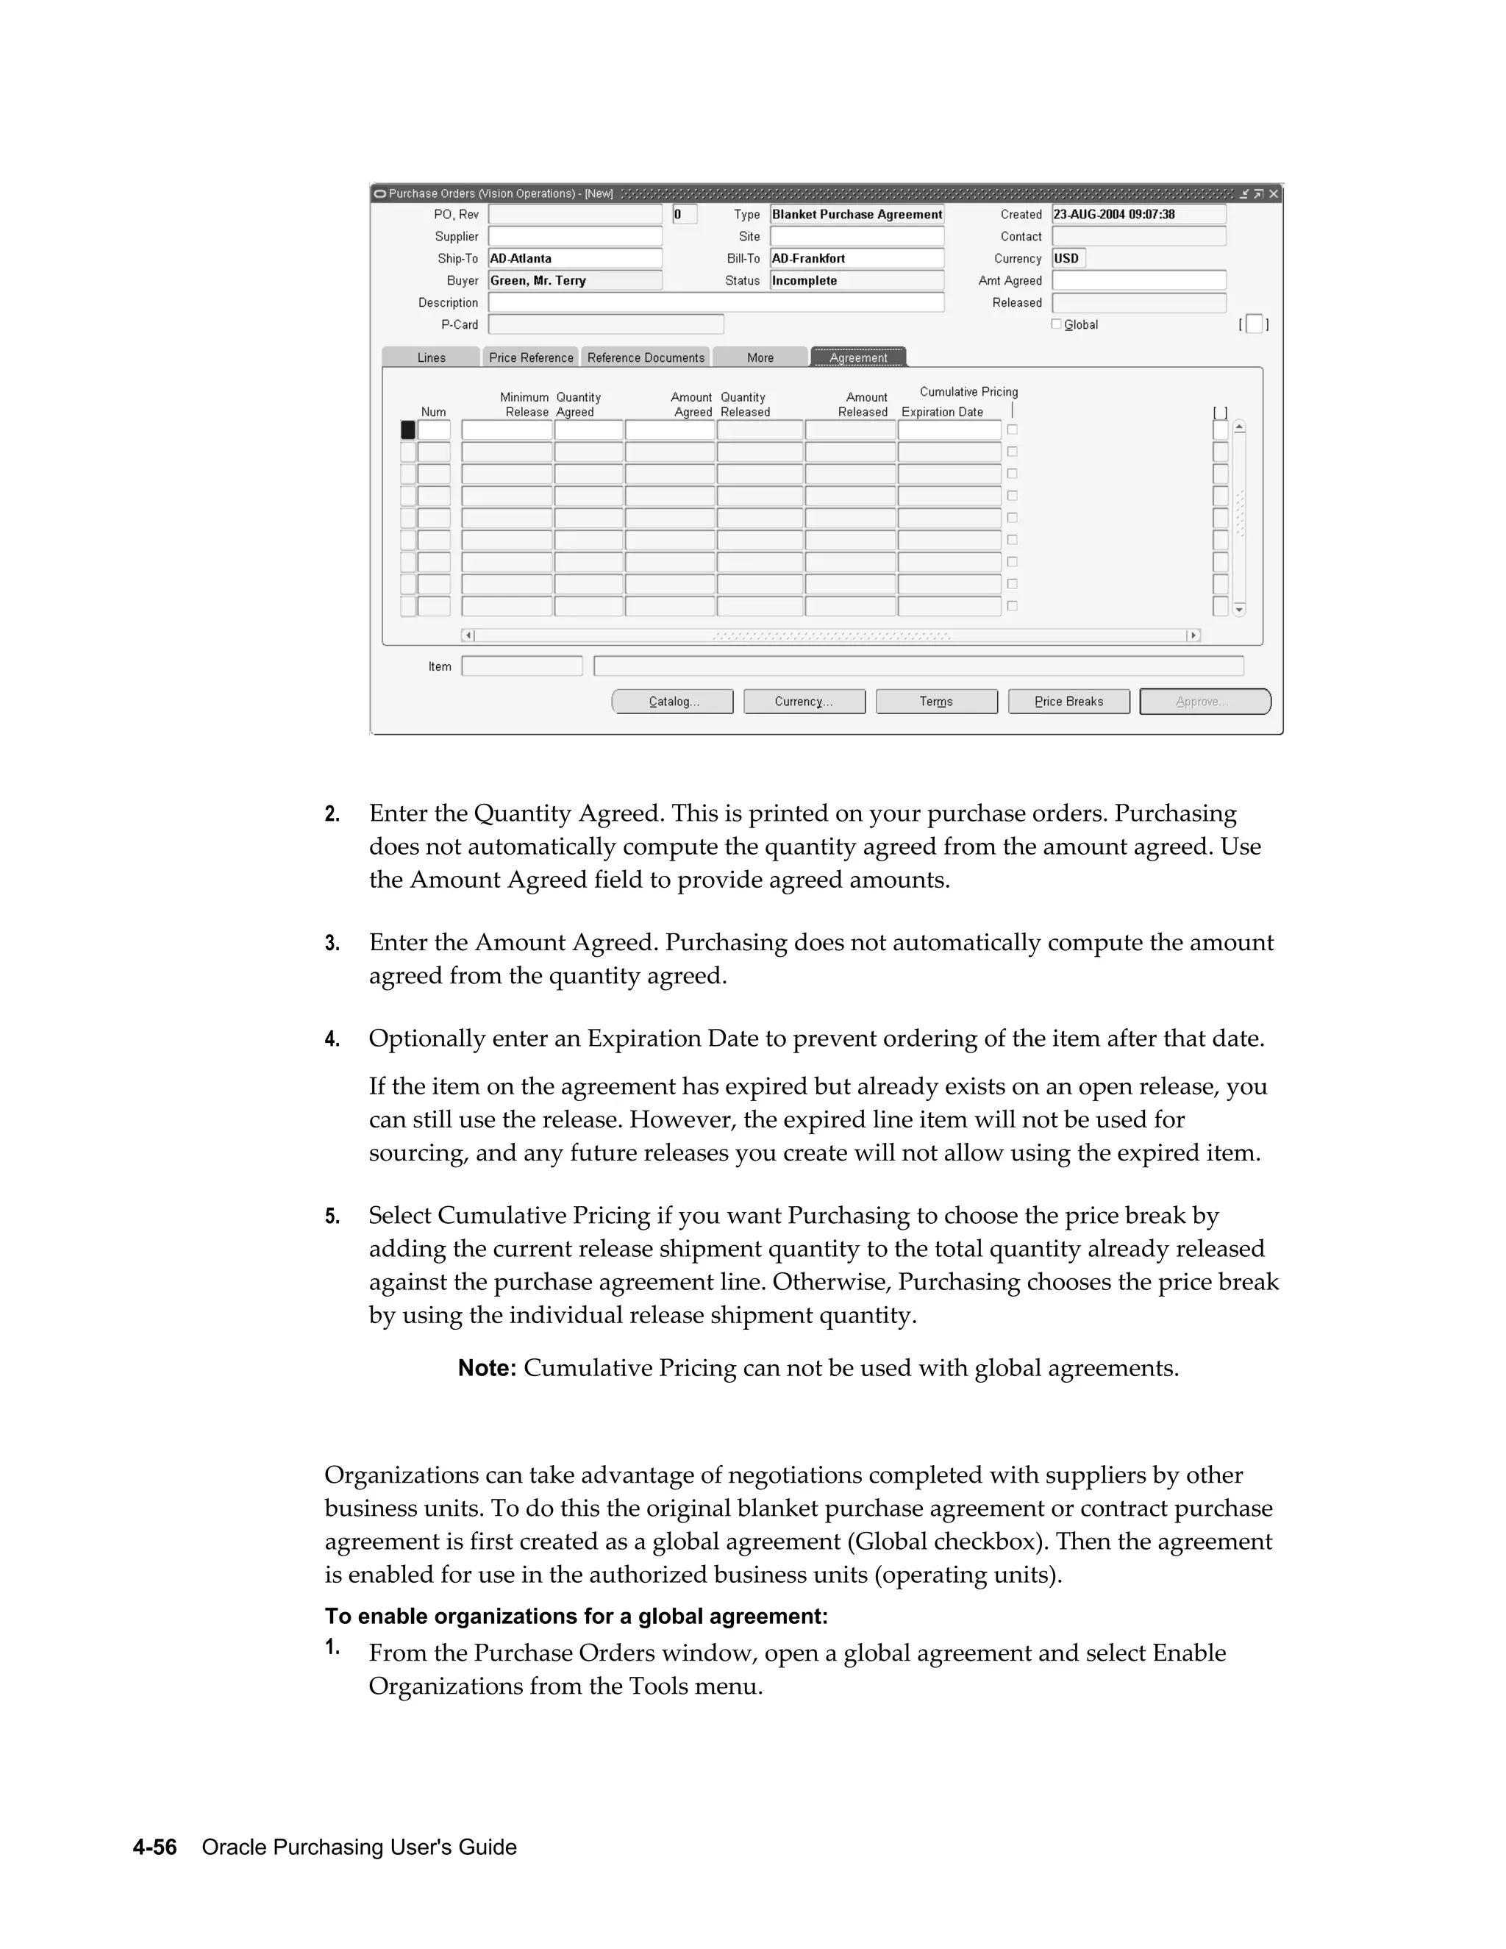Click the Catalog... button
[x=673, y=702]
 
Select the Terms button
[x=936, y=702]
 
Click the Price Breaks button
[x=1068, y=702]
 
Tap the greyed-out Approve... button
[x=1205, y=702]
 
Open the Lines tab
[x=431, y=357]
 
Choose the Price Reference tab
[x=531, y=357]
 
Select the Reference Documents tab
[x=645, y=357]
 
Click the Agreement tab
[x=858, y=357]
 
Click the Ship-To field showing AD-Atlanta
[x=574, y=258]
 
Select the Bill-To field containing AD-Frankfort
[x=857, y=258]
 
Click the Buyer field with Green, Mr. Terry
[x=574, y=280]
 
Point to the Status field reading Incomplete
[x=857, y=280]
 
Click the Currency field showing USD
[x=1068, y=258]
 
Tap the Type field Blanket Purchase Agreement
[x=857, y=214]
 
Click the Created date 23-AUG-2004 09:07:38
[x=1138, y=214]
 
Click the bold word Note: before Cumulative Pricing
[x=486, y=1368]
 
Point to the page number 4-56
[x=154, y=1848]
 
